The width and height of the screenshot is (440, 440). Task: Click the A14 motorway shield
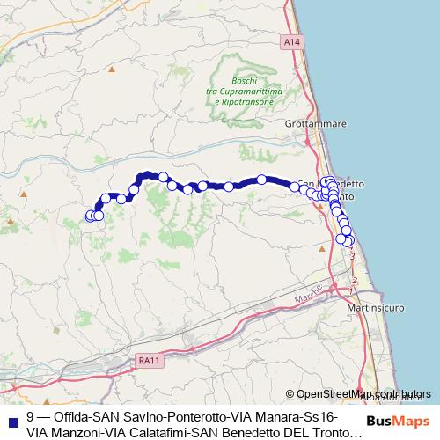[x=292, y=41]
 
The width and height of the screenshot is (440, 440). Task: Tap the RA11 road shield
[x=150, y=360]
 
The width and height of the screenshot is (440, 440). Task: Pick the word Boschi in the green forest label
[x=245, y=81]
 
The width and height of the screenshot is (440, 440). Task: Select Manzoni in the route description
[x=77, y=432]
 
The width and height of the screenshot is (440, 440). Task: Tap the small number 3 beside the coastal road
[x=352, y=255]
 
